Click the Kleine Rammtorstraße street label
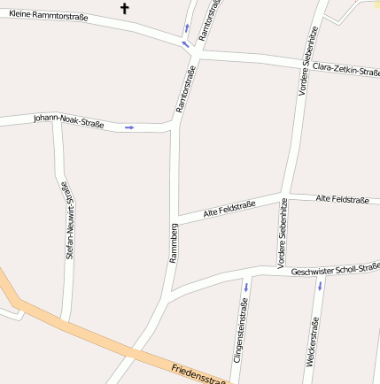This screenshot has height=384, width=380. [48, 16]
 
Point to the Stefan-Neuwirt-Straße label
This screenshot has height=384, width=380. [68, 219]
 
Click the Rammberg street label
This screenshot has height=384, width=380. [174, 245]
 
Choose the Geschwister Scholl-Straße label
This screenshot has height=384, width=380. [335, 269]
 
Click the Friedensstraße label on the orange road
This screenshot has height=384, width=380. [200, 374]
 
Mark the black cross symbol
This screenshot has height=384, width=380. [124, 9]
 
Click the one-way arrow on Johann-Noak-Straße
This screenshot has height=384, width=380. [129, 127]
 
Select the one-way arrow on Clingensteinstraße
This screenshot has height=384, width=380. [245, 287]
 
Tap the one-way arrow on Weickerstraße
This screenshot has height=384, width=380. [320, 286]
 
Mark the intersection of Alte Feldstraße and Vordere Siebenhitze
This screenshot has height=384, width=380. [283, 195]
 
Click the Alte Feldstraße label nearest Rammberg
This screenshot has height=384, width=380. [229, 209]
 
